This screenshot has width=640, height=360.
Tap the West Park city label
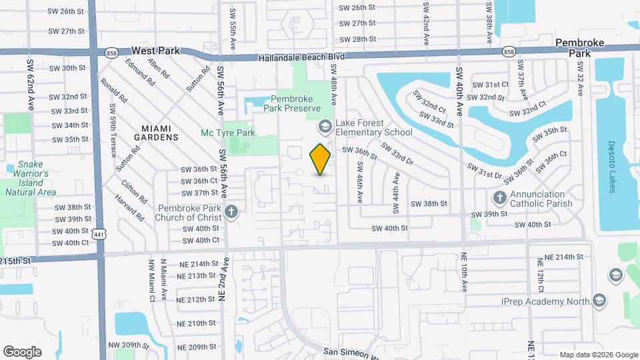tap(155, 50)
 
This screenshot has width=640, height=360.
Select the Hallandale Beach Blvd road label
tap(301, 58)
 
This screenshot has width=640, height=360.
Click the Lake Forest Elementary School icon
tap(325, 126)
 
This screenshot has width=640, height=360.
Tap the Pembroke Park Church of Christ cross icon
tap(231, 213)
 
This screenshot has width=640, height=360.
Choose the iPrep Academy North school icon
tap(599, 301)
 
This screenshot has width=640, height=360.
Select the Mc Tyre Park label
tap(228, 133)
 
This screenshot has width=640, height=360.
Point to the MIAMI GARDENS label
tap(160, 132)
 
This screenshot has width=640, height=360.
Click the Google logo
tap(22, 351)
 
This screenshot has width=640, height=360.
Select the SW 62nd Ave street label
tap(31, 85)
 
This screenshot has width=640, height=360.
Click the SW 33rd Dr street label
tap(397, 154)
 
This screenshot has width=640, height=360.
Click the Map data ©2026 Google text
tap(599, 355)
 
